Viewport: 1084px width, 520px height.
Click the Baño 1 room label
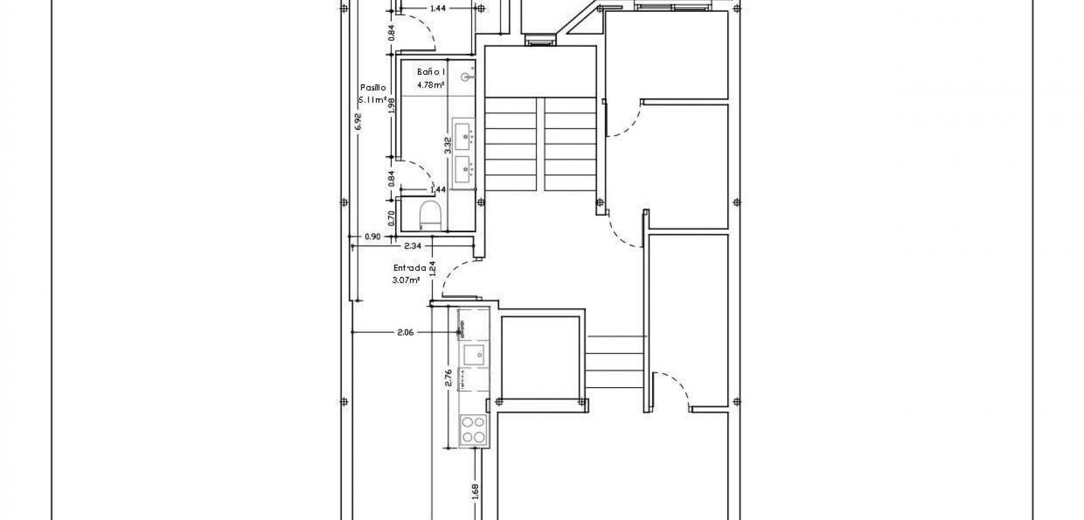pyautogui.click(x=431, y=72)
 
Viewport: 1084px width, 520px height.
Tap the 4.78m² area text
pyautogui.click(x=430, y=85)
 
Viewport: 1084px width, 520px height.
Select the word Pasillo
pyautogui.click(x=373, y=88)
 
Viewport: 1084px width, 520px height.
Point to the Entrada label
pyautogui.click(x=409, y=268)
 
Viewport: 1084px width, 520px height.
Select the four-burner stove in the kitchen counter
pyautogui.click(x=473, y=429)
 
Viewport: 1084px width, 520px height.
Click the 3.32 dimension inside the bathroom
pyautogui.click(x=447, y=146)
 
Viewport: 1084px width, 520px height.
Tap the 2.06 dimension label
pyautogui.click(x=405, y=332)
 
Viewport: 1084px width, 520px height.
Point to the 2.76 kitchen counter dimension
pyautogui.click(x=448, y=378)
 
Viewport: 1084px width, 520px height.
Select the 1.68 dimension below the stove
pyautogui.click(x=475, y=491)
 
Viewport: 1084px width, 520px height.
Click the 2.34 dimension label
pyautogui.click(x=413, y=246)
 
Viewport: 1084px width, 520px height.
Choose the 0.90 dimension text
pyautogui.click(x=373, y=237)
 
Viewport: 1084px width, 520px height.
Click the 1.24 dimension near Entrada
pyautogui.click(x=432, y=267)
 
